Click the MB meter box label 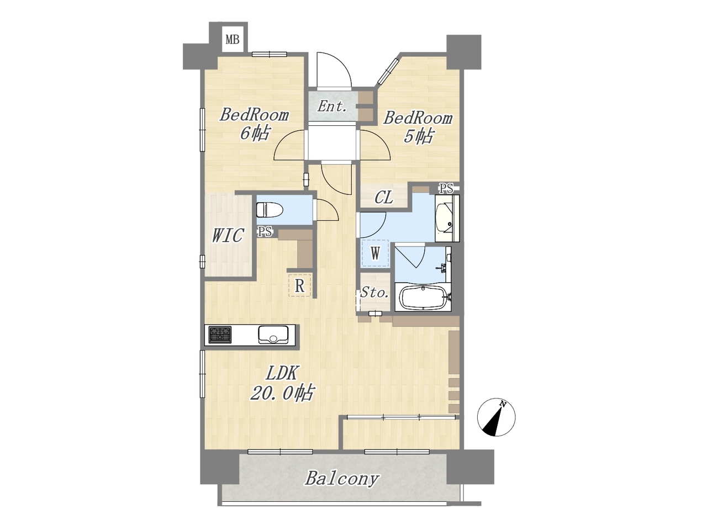coord(232,40)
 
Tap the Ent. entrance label coord(332,106)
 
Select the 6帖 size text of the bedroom coord(254,132)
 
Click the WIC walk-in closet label coord(228,235)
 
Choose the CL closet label coord(384,197)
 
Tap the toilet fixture coord(270,210)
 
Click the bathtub coord(423,298)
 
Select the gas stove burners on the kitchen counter coord(220,335)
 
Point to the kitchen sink coord(273,335)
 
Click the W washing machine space coord(375,253)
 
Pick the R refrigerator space coord(300,285)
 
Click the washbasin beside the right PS coord(447,218)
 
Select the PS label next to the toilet coord(265,232)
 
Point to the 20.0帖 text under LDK coord(282,393)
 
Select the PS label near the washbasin coord(446,188)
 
